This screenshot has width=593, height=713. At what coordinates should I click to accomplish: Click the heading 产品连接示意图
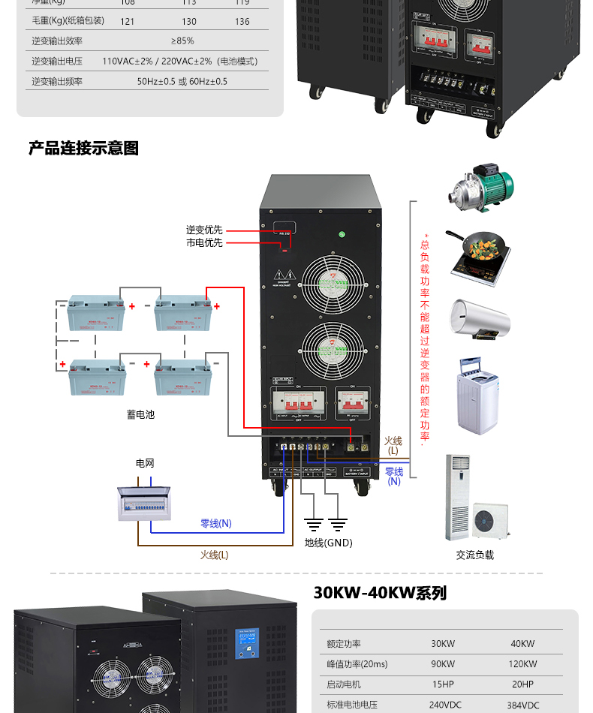click(84, 148)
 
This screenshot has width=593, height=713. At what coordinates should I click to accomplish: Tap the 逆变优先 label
click(204, 230)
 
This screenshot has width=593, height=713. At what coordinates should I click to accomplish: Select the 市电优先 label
click(204, 243)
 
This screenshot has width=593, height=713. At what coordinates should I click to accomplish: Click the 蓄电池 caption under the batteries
click(140, 414)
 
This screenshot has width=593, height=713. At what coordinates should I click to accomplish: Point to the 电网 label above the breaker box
click(145, 464)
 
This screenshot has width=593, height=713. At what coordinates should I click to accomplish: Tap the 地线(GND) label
click(328, 543)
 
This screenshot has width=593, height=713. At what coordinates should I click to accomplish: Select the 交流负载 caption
click(475, 555)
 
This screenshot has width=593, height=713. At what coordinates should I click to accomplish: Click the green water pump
click(480, 188)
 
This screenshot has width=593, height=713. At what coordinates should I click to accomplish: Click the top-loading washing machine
click(477, 395)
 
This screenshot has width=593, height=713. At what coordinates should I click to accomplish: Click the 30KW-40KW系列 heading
click(380, 593)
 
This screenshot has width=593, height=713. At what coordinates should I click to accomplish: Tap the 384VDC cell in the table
click(522, 705)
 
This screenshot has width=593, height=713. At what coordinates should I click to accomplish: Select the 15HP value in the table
click(443, 684)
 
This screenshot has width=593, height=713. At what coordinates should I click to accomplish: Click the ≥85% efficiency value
click(182, 41)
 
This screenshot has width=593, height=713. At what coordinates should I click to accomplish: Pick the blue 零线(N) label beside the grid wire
click(216, 523)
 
